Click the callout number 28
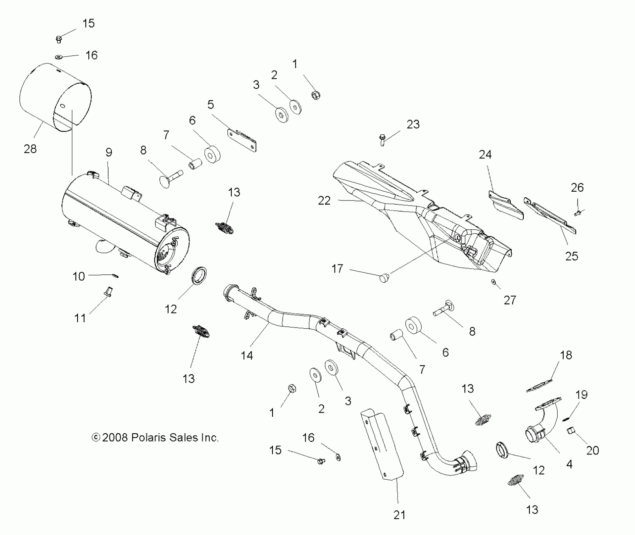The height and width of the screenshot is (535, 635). click(x=30, y=149)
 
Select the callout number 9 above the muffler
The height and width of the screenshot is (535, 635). click(x=109, y=152)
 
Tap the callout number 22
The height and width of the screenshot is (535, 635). click(x=324, y=200)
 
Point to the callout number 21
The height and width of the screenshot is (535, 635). click(x=399, y=515)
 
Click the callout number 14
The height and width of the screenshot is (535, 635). click(x=247, y=355)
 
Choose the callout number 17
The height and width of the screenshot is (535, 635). click(x=337, y=269)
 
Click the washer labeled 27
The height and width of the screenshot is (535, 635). click(x=493, y=281)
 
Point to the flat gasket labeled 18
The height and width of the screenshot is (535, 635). click(x=540, y=386)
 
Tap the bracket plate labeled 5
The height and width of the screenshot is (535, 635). click(x=242, y=139)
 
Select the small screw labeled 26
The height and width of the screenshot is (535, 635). click(x=577, y=213)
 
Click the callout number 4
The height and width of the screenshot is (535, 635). click(x=569, y=464)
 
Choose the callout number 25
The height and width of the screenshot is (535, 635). click(x=572, y=256)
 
